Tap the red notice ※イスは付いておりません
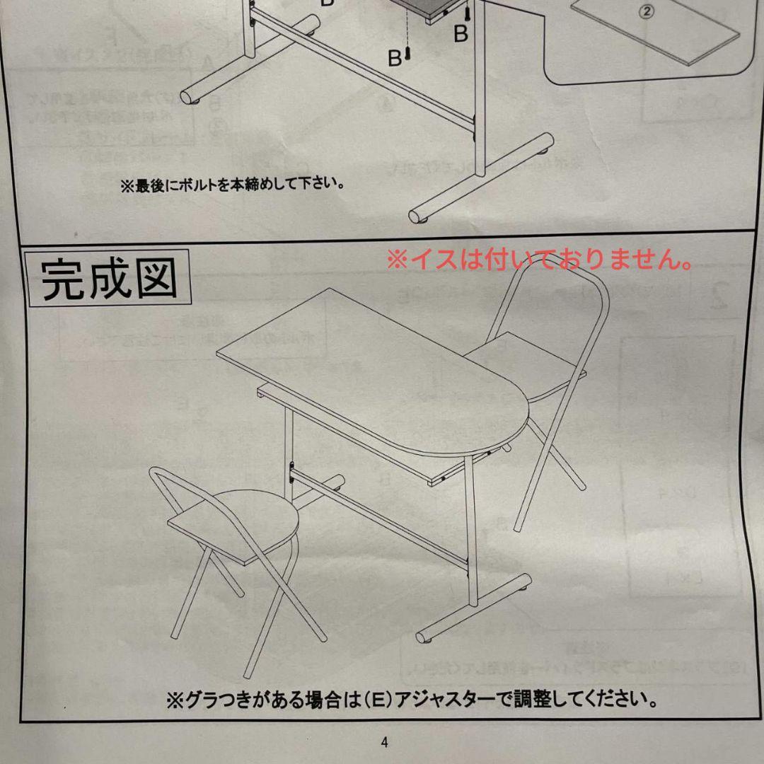coord(539,260)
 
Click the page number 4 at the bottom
coord(384,742)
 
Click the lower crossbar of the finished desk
coord(382,523)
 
